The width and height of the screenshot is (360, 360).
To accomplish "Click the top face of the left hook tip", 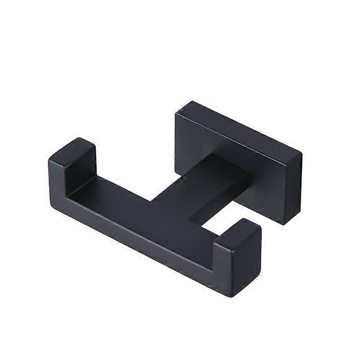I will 72,151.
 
